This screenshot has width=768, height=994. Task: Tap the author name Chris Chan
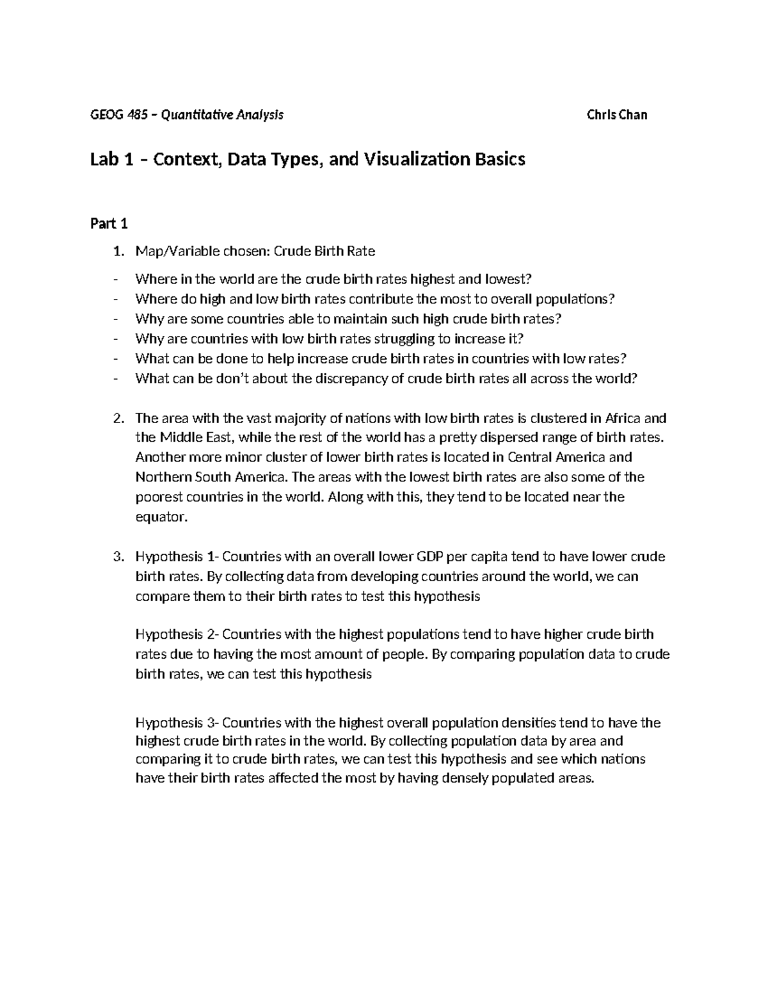pyautogui.click(x=616, y=115)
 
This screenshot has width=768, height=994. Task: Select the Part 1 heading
pyautogui.click(x=109, y=223)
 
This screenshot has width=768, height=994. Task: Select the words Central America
pyautogui.click(x=556, y=458)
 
